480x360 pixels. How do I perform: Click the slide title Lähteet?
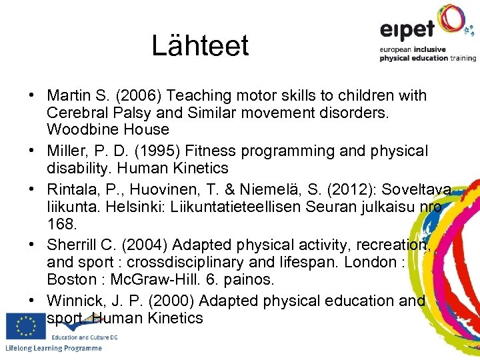click(200, 45)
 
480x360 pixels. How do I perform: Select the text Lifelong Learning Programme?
click(53, 349)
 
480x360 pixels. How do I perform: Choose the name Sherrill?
click(73, 245)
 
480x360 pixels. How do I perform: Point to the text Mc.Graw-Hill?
click(151, 279)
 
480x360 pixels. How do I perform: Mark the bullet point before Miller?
click(32, 151)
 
